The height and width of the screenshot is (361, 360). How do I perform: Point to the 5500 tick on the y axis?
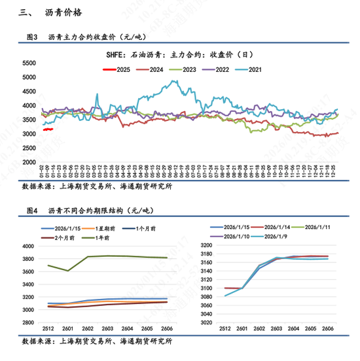pos(28,63)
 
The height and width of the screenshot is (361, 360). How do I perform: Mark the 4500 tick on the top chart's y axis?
pos(28,92)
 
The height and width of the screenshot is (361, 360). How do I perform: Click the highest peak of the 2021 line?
pos(173,82)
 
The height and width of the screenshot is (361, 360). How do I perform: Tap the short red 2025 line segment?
pos(48,129)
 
